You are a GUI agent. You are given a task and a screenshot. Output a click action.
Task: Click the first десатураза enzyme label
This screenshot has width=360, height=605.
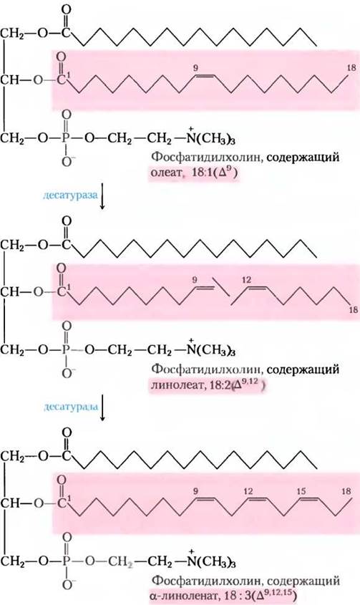[70, 195]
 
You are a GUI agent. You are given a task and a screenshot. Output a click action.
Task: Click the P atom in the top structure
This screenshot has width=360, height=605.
[67, 137]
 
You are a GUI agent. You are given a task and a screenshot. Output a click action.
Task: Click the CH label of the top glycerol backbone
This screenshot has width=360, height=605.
[9, 81]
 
